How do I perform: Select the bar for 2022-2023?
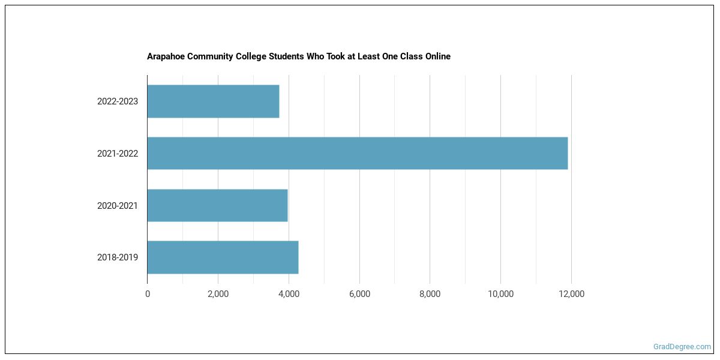[213, 101]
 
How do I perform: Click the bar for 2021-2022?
[357, 153]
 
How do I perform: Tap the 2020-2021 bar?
[217, 205]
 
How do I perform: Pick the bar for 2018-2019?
[223, 257]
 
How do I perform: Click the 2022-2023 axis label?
[118, 101]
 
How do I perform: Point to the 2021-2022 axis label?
[118, 154]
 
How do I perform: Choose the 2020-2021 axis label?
[118, 206]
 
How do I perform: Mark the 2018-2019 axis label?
[118, 257]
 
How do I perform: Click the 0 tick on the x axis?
[148, 294]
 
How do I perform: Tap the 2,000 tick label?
[218, 294]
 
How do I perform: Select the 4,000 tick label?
[289, 294]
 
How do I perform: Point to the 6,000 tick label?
[359, 294]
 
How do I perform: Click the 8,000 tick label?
[430, 294]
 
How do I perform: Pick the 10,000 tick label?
[500, 294]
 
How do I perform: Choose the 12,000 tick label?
[571, 294]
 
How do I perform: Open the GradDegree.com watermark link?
[682, 347]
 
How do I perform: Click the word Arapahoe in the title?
[165, 56]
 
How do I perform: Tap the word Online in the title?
[437, 56]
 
